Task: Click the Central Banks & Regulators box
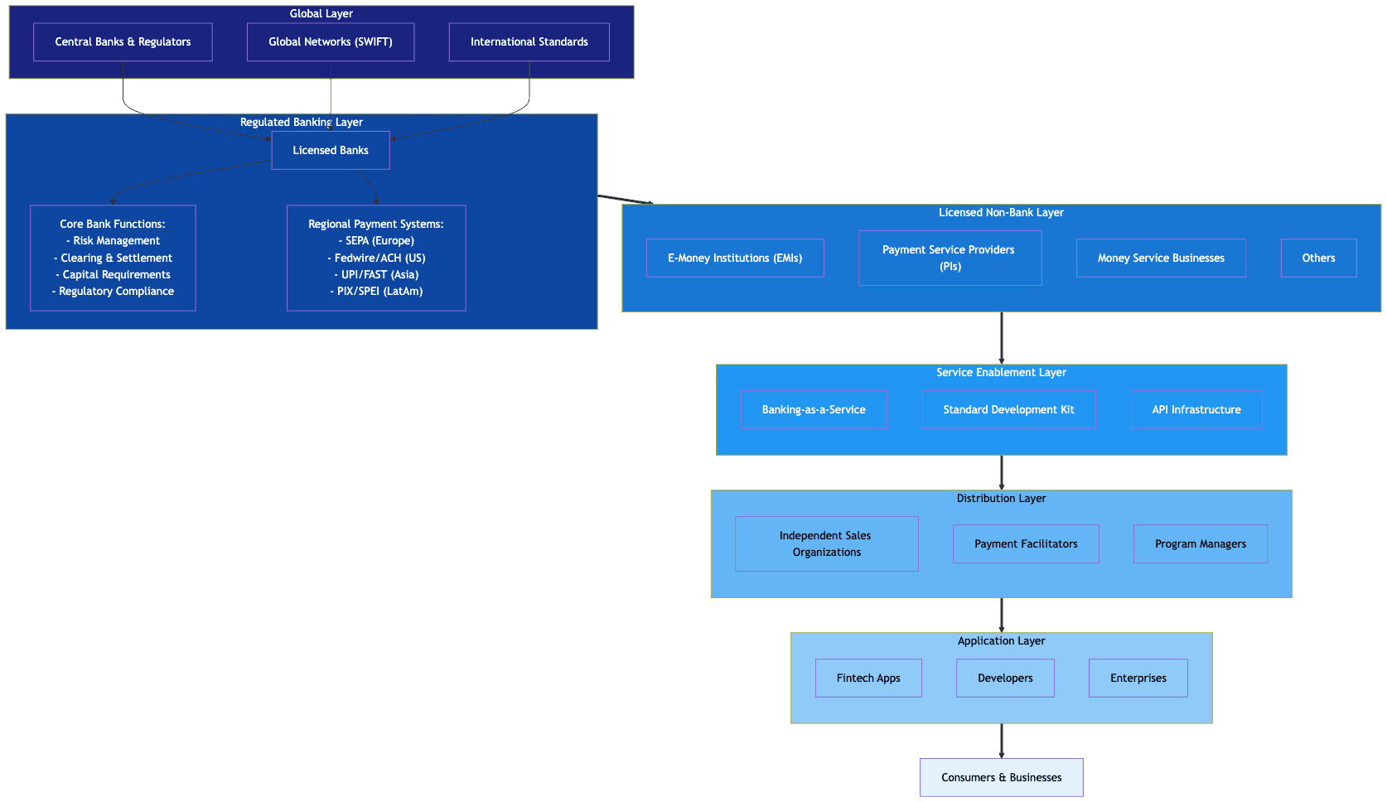[x=123, y=42]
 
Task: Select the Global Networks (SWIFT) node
[x=331, y=42]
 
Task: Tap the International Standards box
[x=529, y=42]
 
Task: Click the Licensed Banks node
[x=331, y=151]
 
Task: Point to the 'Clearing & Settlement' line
[x=116, y=258]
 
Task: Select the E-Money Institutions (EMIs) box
[x=735, y=258]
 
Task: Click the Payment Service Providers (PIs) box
[x=950, y=258]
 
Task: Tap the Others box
[x=1318, y=258]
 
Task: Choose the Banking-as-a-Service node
[x=814, y=410]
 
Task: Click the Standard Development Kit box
[x=1008, y=410]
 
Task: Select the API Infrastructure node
[x=1196, y=410]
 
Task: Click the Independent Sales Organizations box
[x=826, y=544]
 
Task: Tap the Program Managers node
[x=1200, y=544]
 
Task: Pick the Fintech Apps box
[x=868, y=679]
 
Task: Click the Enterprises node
[x=1138, y=679]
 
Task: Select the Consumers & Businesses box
[x=1001, y=778]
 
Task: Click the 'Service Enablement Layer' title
[x=1001, y=373]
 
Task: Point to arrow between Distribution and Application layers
[x=1002, y=615]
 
